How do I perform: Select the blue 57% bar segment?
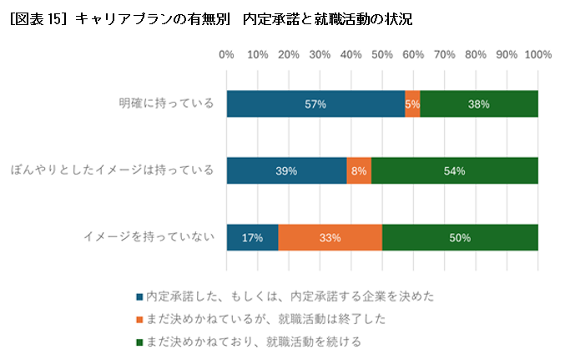315,104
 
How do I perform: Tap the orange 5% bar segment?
412,104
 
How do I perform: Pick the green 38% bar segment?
479,104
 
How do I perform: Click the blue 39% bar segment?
286,170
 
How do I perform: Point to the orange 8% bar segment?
359,170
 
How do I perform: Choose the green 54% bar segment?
455,170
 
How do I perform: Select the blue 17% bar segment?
252,237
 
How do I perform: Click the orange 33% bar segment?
330,237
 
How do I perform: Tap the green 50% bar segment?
460,237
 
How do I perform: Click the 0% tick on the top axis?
226,54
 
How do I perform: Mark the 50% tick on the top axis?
382,54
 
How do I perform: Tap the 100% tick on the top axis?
537,54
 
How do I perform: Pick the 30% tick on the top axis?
320,54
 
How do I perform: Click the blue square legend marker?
139,297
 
